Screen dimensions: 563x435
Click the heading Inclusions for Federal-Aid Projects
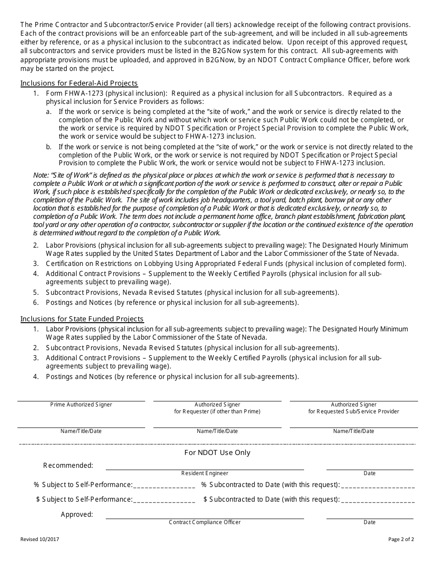pyautogui.click(x=79, y=83)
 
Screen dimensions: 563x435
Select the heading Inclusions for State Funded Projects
pyautogui.click(x=82, y=319)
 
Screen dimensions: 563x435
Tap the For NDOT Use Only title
pyautogui.click(x=217, y=453)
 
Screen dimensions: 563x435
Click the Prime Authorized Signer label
pyautogui.click(x=81, y=405)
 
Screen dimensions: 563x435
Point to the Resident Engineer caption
pyautogui.click(x=205, y=473)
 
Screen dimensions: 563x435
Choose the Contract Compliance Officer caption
pyautogui.click(x=205, y=522)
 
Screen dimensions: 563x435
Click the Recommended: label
pyautogui.click(x=68, y=466)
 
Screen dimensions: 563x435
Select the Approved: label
pyautogui.click(x=77, y=514)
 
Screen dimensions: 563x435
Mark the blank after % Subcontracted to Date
pyautogui.click(x=378, y=485)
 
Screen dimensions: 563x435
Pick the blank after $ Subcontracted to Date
pyautogui.click(x=378, y=500)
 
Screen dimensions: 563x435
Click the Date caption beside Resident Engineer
pyautogui.click(x=370, y=473)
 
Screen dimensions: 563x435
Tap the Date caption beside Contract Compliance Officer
pyautogui.click(x=370, y=522)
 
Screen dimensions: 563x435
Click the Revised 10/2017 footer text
pyautogui.click(x=40, y=539)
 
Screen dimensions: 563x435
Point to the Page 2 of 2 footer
pyautogui.click(x=401, y=539)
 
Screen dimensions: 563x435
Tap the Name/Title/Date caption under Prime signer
pyautogui.click(x=81, y=431)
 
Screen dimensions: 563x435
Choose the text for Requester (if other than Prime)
pyautogui.click(x=217, y=411)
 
